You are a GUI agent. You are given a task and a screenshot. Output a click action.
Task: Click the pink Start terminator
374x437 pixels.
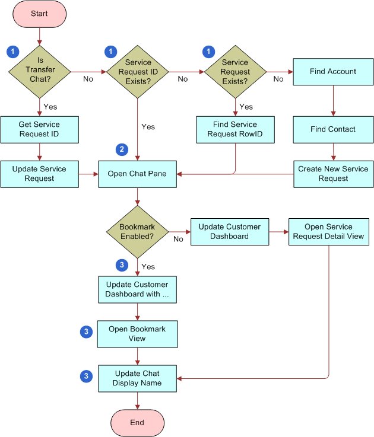pos(39,13)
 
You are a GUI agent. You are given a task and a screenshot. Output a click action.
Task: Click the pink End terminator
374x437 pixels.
pos(137,422)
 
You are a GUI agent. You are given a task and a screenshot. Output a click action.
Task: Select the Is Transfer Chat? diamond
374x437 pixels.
pos(40,72)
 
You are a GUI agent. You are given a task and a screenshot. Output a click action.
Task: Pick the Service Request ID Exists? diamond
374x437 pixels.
pos(138,72)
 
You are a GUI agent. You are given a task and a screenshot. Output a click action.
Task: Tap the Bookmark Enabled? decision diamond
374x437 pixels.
pos(137,231)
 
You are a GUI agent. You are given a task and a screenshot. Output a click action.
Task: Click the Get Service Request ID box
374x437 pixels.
pos(39,129)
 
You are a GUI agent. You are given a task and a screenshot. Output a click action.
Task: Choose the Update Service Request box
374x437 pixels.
pos(39,174)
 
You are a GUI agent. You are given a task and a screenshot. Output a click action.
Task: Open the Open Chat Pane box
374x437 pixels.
pos(137,174)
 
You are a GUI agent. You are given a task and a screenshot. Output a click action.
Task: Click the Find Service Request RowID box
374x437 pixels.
pos(235,129)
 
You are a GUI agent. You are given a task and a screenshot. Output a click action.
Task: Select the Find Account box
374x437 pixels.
pos(333,72)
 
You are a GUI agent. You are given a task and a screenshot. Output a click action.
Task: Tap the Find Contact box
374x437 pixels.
pos(333,129)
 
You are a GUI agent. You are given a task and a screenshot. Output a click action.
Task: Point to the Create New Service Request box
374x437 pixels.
pos(333,174)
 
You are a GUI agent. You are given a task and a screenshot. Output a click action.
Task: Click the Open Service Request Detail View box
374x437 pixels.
pos(328,231)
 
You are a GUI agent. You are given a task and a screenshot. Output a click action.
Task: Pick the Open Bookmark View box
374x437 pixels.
pos(137,334)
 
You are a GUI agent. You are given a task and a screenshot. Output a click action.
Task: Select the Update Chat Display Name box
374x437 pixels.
pos(137,378)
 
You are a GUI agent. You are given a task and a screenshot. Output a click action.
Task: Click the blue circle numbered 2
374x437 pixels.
pos(122,149)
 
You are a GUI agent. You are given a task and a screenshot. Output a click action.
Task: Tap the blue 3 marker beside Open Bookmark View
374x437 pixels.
pos(87,332)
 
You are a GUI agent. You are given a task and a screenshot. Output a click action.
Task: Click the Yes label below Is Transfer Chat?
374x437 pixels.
pos(50,107)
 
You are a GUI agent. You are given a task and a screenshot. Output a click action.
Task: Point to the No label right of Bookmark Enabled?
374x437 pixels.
pos(178,239)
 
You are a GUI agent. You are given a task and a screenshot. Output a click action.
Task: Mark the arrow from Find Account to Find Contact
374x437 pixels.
pos(333,101)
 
